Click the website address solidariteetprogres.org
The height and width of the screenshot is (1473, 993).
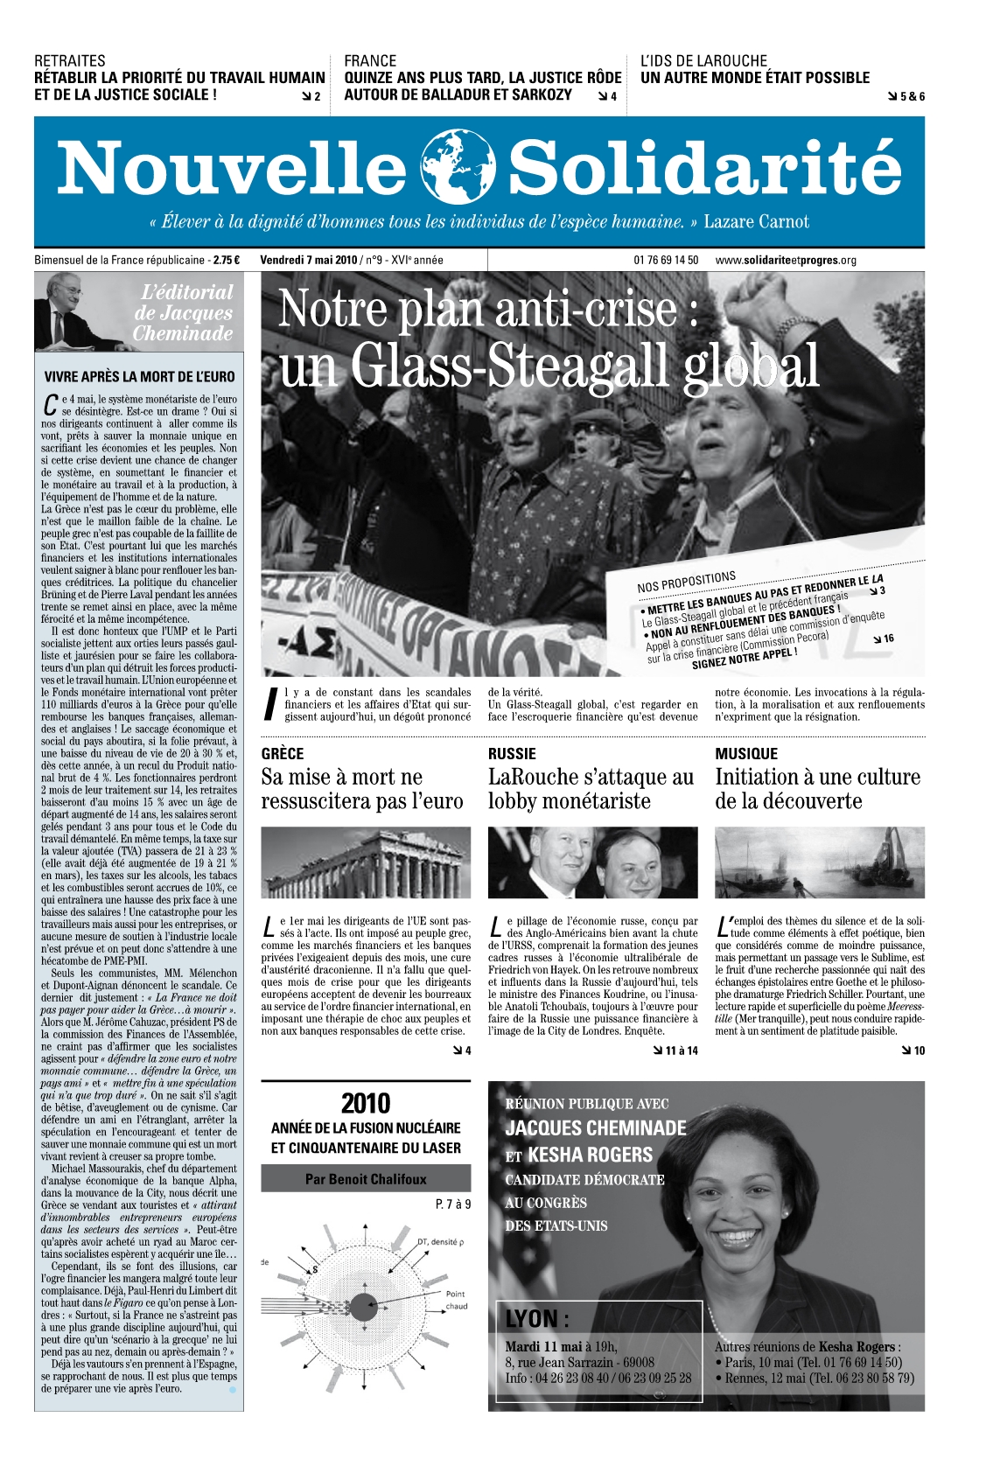click(x=785, y=260)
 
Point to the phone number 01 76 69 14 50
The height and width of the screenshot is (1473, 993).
click(x=666, y=260)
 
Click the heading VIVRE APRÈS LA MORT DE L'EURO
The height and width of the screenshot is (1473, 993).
click(x=139, y=377)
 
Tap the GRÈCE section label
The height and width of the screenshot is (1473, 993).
click(x=283, y=753)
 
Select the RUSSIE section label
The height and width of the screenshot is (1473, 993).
click(x=512, y=753)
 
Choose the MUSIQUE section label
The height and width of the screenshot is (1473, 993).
click(x=745, y=753)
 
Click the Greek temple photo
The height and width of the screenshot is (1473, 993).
click(x=366, y=862)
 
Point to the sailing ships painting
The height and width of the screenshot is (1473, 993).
click(x=819, y=862)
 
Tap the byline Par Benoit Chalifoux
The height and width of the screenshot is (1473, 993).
click(x=366, y=1179)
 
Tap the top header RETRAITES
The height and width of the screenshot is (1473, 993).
click(x=69, y=60)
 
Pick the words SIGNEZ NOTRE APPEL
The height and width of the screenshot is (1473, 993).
click(x=744, y=658)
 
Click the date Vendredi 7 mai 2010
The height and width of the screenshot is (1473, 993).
click(x=309, y=260)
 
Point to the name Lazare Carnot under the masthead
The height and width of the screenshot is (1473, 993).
click(x=756, y=221)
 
